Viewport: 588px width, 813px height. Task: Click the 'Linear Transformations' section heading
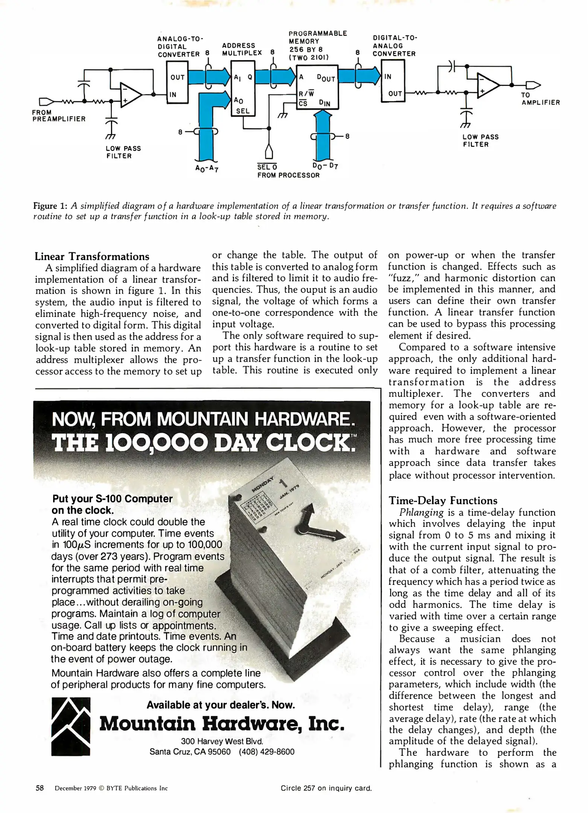(92, 256)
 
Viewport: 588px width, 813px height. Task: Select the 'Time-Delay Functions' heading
(443, 500)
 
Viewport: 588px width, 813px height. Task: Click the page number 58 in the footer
(40, 788)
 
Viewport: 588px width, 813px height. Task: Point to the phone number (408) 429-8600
(267, 752)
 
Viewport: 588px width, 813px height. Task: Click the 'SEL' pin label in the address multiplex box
(243, 111)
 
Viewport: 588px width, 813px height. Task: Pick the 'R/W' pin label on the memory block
(306, 93)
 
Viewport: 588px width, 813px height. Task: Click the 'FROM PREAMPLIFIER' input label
(59, 116)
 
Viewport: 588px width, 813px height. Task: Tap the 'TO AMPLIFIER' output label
(540, 99)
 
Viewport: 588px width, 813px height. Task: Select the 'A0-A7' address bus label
(207, 168)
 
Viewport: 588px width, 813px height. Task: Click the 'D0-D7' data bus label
(325, 166)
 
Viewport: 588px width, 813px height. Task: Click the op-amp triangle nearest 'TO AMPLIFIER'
(488, 85)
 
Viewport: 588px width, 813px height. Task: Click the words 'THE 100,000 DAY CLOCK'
(203, 443)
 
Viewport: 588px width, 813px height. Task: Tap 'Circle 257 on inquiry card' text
(326, 788)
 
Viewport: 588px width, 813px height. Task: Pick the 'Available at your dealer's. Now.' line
(221, 705)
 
